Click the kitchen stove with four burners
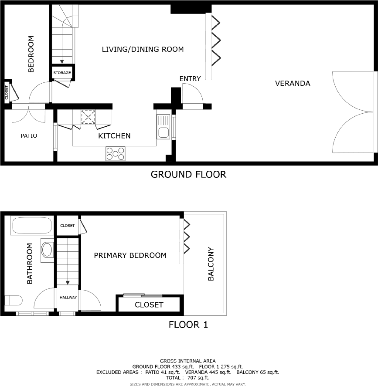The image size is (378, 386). pyautogui.click(x=115, y=154)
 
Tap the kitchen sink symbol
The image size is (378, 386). pyautogui.click(x=163, y=126)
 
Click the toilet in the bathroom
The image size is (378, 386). pyautogui.click(x=14, y=301)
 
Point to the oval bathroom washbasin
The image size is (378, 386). pyautogui.click(x=47, y=250)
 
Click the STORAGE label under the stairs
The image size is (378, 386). pyautogui.click(x=62, y=73)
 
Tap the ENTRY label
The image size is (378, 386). pyautogui.click(x=190, y=79)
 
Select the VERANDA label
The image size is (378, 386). pyautogui.click(x=293, y=83)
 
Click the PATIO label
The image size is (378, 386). pyautogui.click(x=29, y=136)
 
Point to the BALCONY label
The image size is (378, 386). pyautogui.click(x=211, y=264)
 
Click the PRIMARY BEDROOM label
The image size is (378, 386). pyautogui.click(x=130, y=255)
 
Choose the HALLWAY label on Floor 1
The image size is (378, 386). pyautogui.click(x=68, y=298)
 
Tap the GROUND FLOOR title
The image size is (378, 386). pyautogui.click(x=188, y=175)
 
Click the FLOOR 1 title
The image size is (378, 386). pyautogui.click(x=188, y=325)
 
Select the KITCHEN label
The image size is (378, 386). pyautogui.click(x=114, y=136)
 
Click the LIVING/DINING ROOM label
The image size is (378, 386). pyautogui.click(x=143, y=49)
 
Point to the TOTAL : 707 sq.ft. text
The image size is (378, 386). pyautogui.click(x=187, y=378)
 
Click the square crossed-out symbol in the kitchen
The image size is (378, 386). pyautogui.click(x=89, y=117)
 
